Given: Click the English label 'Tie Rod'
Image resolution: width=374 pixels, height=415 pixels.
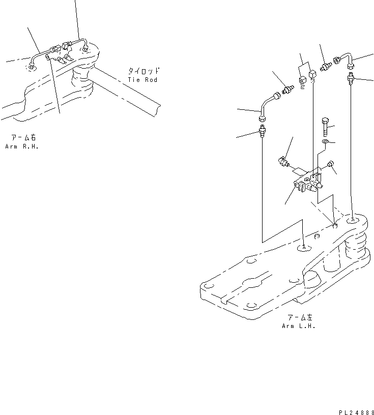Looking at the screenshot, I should click(x=143, y=80).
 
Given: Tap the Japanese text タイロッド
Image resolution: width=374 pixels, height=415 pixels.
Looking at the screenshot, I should click(x=143, y=71).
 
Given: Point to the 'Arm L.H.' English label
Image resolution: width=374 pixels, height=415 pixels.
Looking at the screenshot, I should click(x=298, y=326).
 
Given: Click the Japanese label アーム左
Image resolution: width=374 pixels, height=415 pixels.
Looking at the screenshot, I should click(x=299, y=318).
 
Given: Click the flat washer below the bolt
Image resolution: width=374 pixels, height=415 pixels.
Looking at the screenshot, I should click(x=325, y=141).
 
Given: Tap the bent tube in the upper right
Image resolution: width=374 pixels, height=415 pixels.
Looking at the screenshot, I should click(x=345, y=60).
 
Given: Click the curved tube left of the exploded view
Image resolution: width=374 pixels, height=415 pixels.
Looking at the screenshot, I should click(x=268, y=107).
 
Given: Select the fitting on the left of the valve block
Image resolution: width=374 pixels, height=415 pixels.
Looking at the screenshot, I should click(x=284, y=162).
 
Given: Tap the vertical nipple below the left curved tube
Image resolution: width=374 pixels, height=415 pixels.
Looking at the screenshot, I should click(x=262, y=133).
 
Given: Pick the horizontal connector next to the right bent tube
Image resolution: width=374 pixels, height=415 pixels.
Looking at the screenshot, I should click(x=325, y=66).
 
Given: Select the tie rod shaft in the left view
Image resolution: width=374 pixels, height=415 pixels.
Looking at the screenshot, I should click(x=127, y=92).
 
